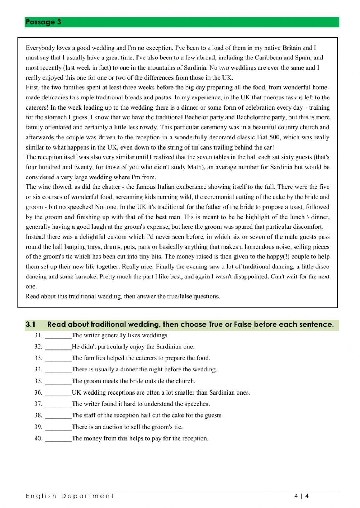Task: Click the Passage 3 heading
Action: coord(43,22)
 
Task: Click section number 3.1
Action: coord(31,324)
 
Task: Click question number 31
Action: coord(39,335)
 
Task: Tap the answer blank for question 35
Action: coord(58,381)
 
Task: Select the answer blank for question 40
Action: coord(58,438)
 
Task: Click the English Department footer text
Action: coord(69,496)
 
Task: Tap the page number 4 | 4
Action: coord(302,496)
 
